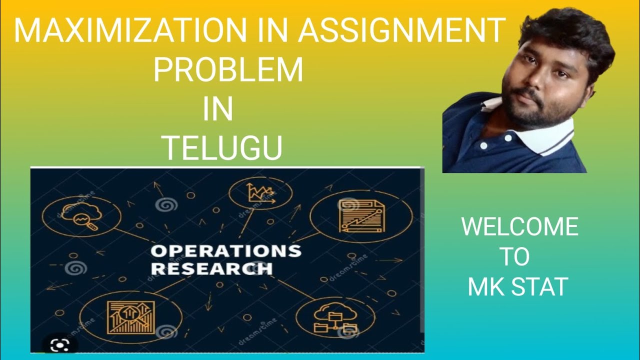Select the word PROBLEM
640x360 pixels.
point(228,70)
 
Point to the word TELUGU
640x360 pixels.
point(223,148)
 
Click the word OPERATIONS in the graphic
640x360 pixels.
point(226,251)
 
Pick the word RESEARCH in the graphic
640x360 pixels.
point(211,268)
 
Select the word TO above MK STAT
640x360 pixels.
point(514,257)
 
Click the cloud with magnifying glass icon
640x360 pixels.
point(81,216)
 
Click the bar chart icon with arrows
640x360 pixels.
point(130,318)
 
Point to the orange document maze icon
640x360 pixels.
point(361,215)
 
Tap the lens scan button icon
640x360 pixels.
point(60,344)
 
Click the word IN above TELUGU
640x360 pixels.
point(218,110)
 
